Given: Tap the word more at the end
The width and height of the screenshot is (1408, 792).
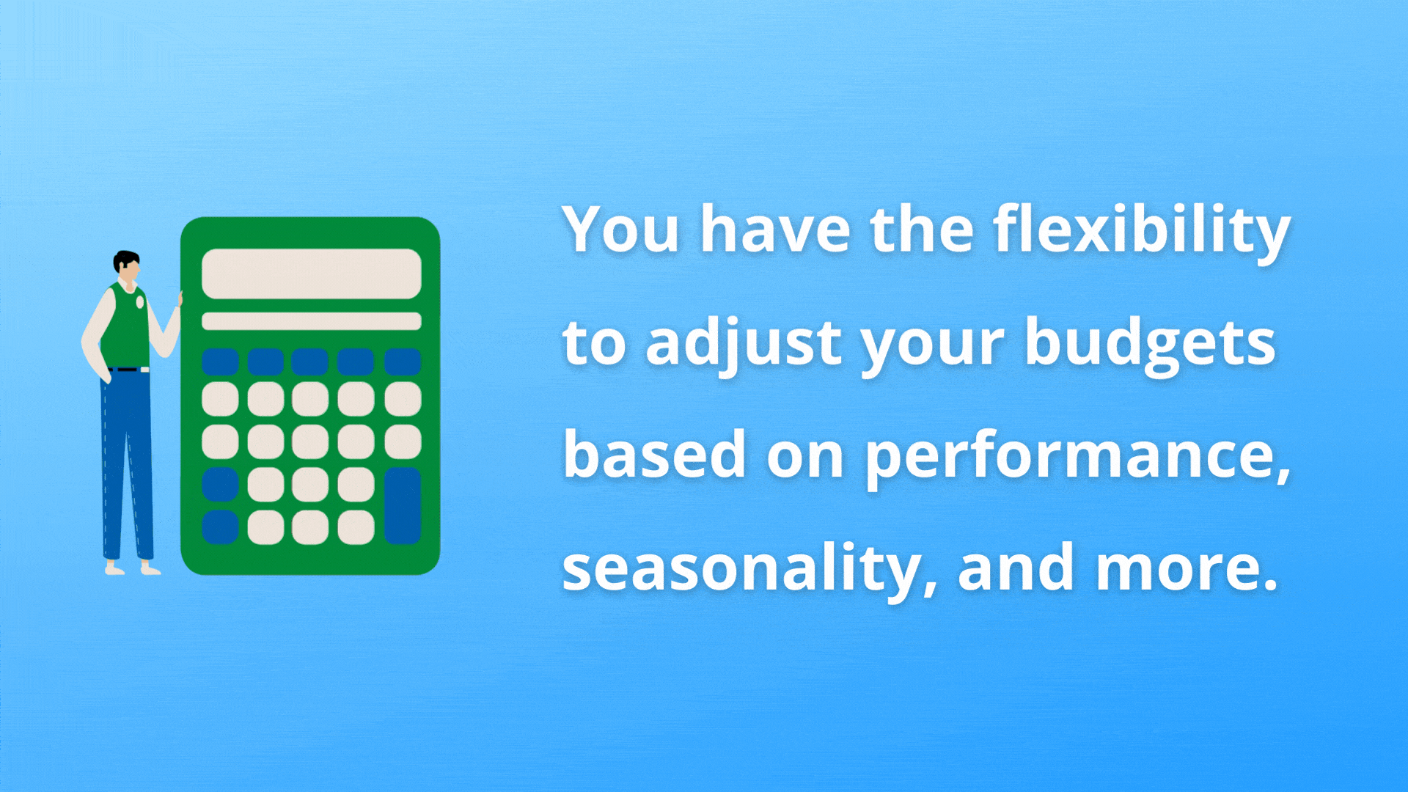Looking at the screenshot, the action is click(x=1187, y=569).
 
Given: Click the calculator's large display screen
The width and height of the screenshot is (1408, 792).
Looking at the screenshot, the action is click(x=312, y=274).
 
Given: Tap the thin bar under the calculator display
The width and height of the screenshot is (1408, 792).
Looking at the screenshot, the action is click(x=312, y=321).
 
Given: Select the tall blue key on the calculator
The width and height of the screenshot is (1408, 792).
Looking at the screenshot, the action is click(x=403, y=506).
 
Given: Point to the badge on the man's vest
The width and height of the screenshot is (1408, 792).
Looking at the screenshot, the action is click(x=140, y=301).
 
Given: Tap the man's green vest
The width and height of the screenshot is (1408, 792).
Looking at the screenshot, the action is click(x=127, y=326).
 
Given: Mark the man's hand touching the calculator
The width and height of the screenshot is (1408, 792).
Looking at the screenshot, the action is click(x=180, y=299).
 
